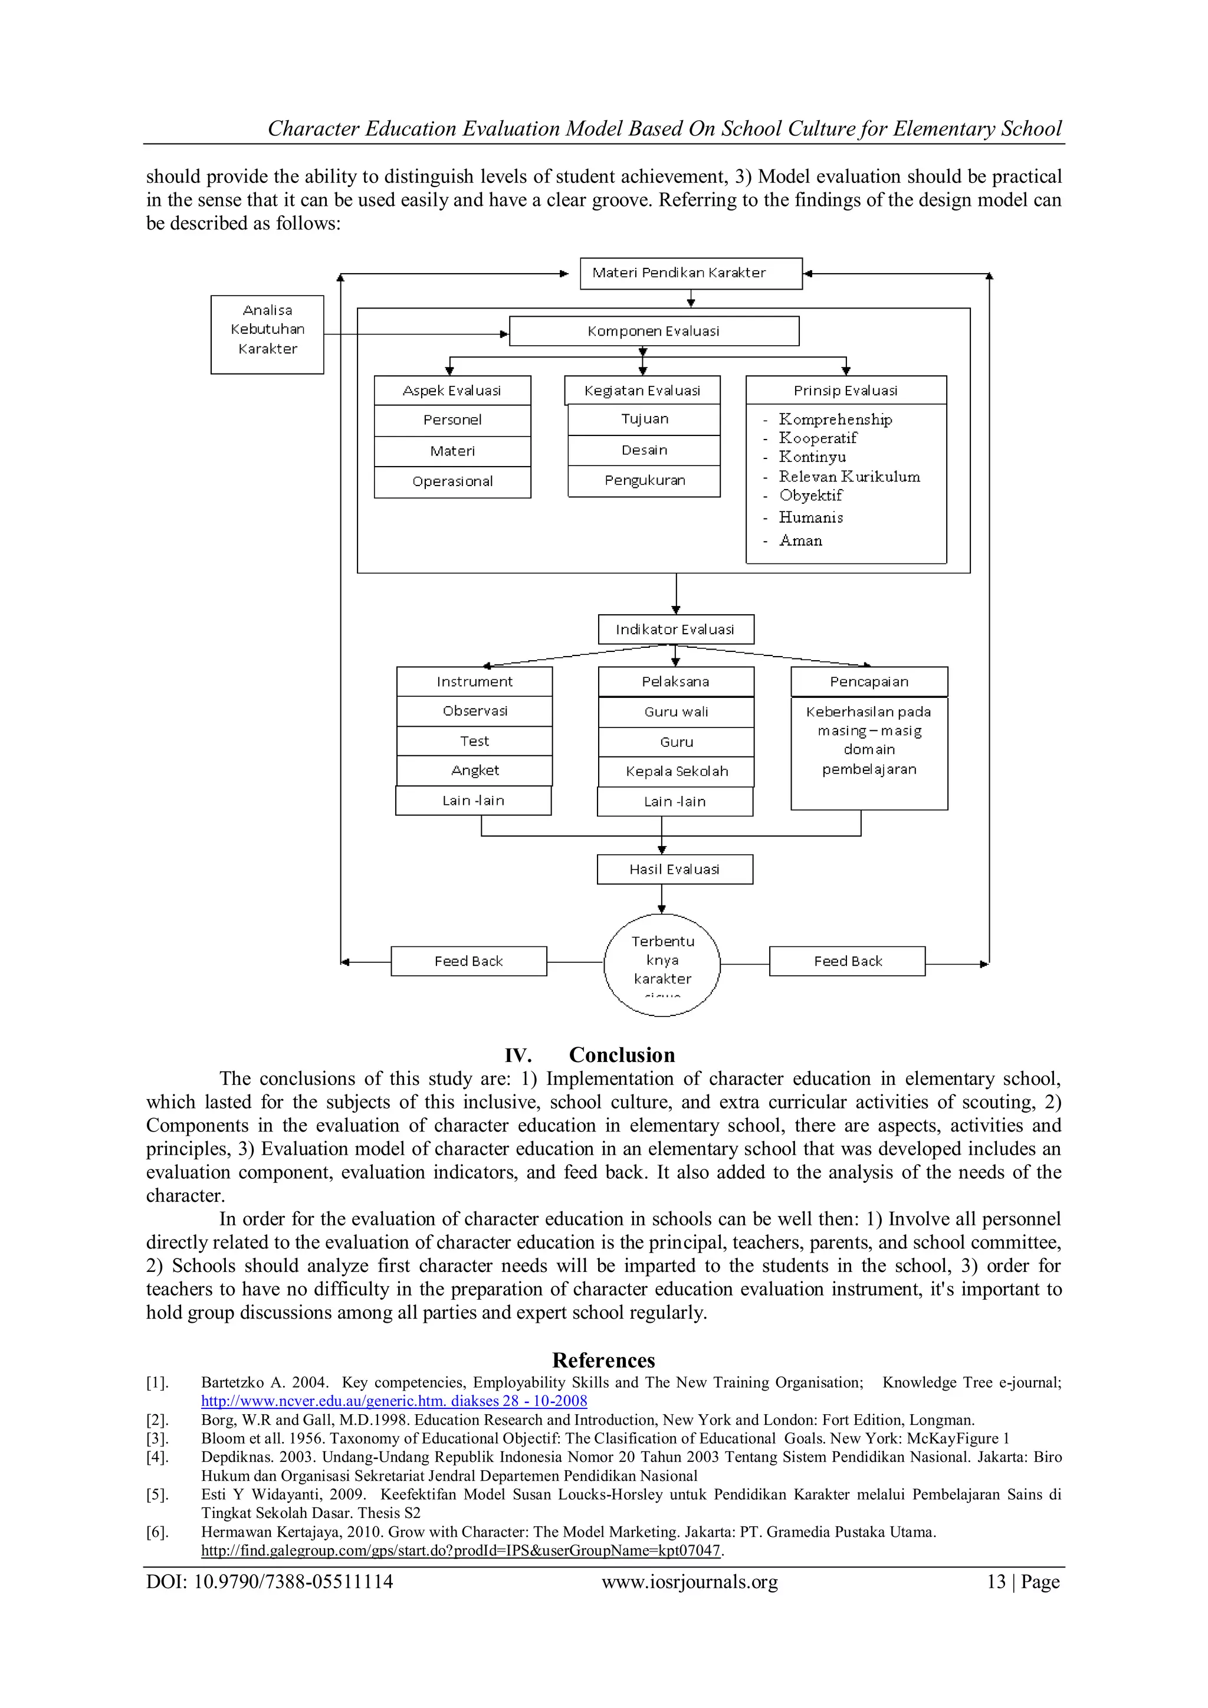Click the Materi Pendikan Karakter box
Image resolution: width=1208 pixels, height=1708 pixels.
pyautogui.click(x=690, y=273)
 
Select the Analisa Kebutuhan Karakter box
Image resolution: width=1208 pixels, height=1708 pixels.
pyautogui.click(x=267, y=334)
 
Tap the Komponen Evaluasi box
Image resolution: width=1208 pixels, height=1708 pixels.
pyautogui.click(x=653, y=331)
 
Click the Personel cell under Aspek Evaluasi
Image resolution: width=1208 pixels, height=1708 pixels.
pyautogui.click(x=452, y=420)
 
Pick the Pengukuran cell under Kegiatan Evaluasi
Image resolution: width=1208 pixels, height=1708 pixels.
pyautogui.click(x=644, y=481)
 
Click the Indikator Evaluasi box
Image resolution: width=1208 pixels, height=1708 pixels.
pyautogui.click(x=675, y=630)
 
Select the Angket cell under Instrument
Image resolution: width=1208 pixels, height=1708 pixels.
pyautogui.click(x=475, y=771)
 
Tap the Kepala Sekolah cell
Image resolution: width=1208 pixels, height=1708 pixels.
pyautogui.click(x=676, y=772)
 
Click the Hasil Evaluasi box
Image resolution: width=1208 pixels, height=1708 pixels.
pyautogui.click(x=675, y=869)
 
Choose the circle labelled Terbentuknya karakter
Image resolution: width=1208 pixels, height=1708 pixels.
pyautogui.click(x=662, y=964)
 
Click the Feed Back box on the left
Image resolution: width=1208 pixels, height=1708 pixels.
pyautogui.click(x=468, y=961)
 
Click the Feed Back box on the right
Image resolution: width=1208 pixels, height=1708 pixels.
pyautogui.click(x=847, y=961)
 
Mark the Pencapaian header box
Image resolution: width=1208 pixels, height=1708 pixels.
pyautogui.click(x=869, y=681)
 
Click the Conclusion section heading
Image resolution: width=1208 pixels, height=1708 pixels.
pyautogui.click(x=621, y=1055)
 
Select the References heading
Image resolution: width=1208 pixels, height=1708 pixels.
pyautogui.click(x=603, y=1361)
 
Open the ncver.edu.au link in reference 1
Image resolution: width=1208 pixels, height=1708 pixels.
pyautogui.click(x=393, y=1401)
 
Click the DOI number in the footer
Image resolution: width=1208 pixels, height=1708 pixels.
pyautogui.click(x=293, y=1582)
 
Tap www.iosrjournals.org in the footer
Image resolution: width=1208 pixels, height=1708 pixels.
pyautogui.click(x=690, y=1582)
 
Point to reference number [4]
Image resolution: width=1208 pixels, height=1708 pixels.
pyautogui.click(x=157, y=1457)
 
